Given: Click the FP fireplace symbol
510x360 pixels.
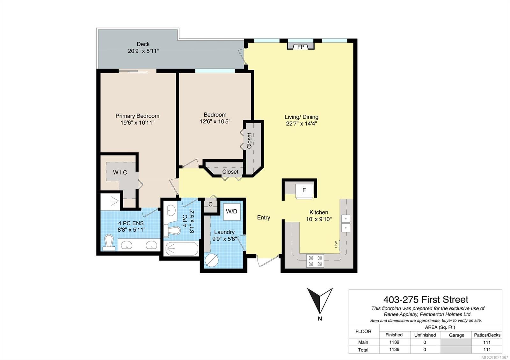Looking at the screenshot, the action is (301, 46).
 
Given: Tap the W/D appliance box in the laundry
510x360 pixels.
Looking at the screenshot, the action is (232, 212).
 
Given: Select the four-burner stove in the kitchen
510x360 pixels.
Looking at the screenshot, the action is (315, 261).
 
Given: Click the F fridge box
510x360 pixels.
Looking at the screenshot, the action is (304, 191).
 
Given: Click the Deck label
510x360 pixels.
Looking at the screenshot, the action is (143, 44).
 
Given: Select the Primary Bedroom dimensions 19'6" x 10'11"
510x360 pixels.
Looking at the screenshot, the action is (137, 123).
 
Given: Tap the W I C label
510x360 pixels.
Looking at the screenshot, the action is (120, 172).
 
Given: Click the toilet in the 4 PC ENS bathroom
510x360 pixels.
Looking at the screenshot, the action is (109, 243).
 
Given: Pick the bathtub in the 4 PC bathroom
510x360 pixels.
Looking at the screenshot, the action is (182, 249).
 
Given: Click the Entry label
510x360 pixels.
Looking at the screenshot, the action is (263, 218).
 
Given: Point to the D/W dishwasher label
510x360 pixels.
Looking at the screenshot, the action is (336, 244).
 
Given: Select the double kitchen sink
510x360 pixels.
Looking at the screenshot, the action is (346, 223).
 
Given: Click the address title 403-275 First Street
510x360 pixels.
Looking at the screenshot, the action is (426, 299).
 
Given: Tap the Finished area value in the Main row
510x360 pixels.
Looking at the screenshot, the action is (394, 342).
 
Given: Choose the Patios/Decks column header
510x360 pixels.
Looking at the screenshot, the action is (487, 335).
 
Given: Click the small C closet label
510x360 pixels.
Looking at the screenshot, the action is (210, 204).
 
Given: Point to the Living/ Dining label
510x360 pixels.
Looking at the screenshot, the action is (302, 117).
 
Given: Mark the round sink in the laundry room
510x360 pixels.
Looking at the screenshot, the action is (212, 260).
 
